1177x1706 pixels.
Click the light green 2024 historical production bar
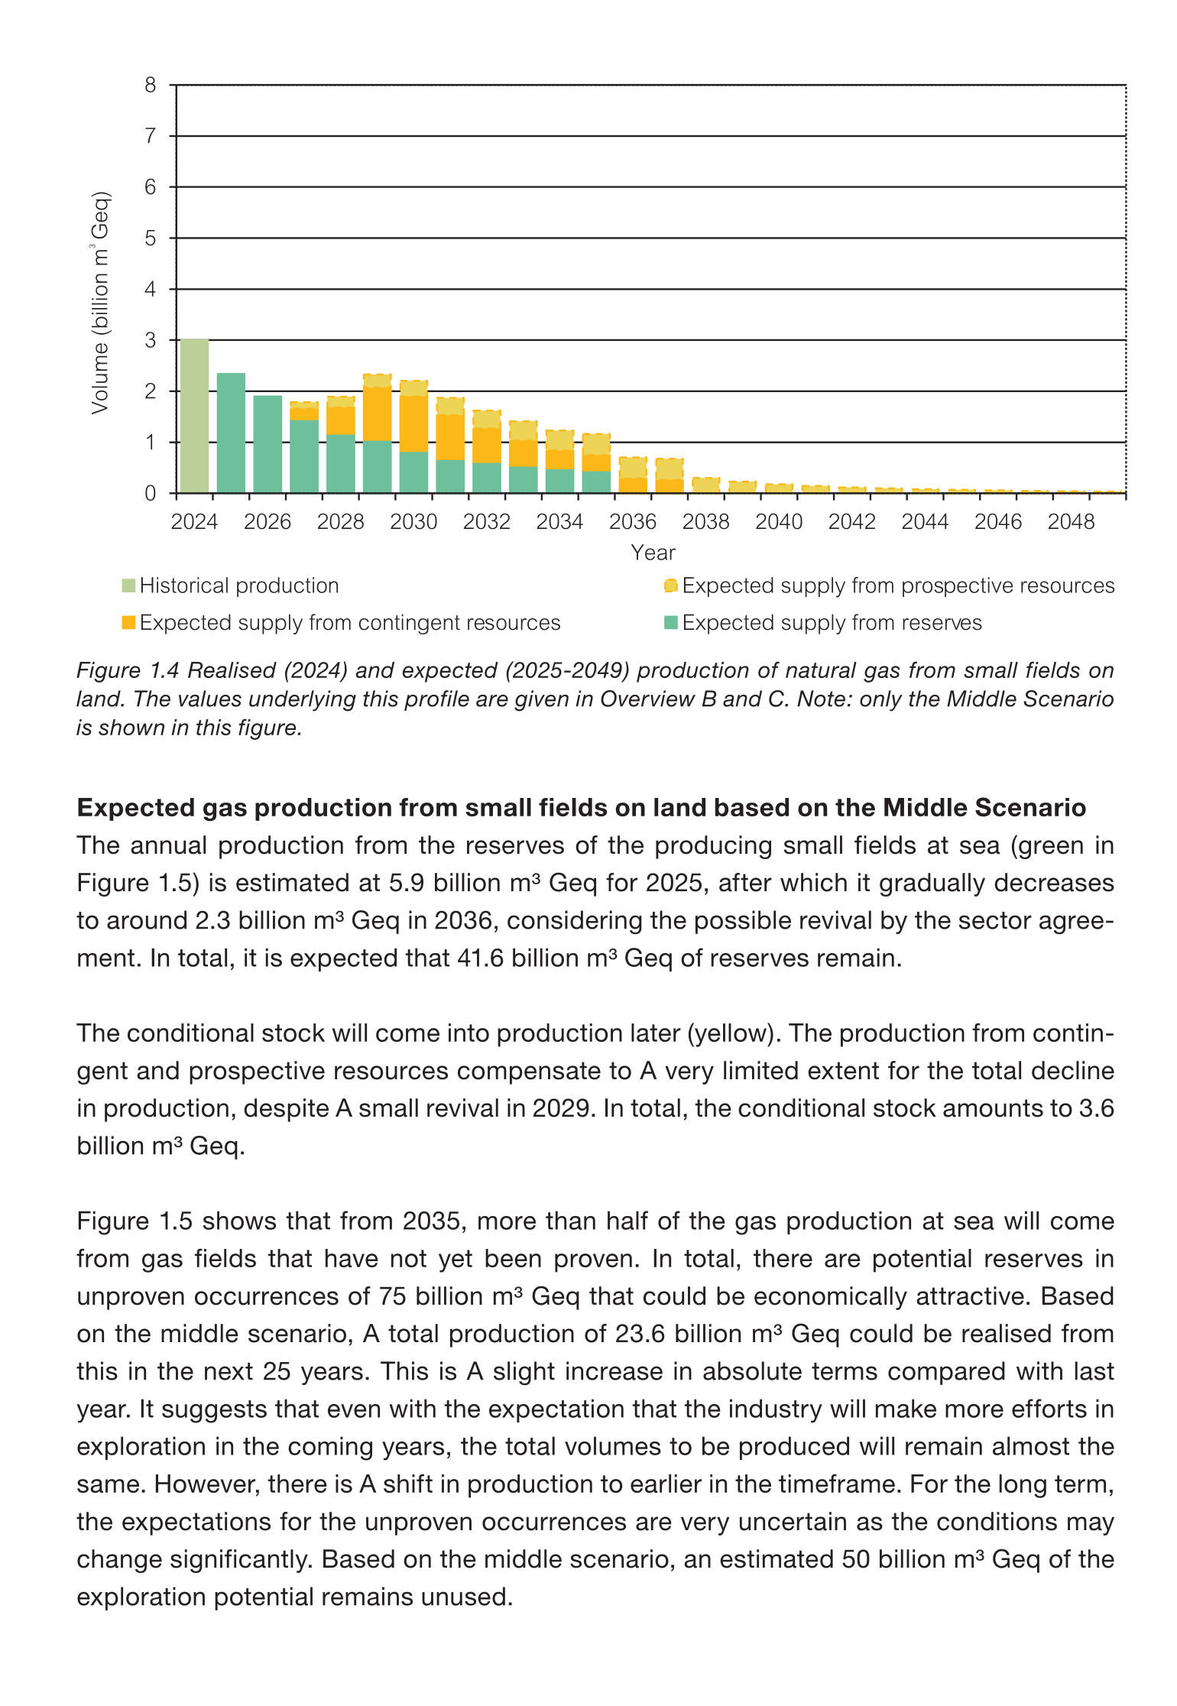[x=194, y=417]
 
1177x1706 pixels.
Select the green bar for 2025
[x=231, y=433]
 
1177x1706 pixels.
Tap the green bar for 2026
[x=267, y=445]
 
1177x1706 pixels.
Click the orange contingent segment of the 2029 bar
[x=377, y=414]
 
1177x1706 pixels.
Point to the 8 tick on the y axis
[x=151, y=85]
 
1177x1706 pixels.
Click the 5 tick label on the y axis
[x=151, y=238]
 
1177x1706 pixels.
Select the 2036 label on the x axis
[x=632, y=522]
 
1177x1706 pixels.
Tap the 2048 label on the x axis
[x=1071, y=522]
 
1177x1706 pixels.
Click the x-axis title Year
[x=653, y=553]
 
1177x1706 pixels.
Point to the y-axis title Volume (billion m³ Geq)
[x=100, y=303]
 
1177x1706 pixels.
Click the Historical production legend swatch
[x=128, y=586]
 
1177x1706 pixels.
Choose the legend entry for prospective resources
[x=898, y=586]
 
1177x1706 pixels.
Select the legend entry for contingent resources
[x=350, y=623]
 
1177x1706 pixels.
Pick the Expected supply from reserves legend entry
[x=832, y=623]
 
